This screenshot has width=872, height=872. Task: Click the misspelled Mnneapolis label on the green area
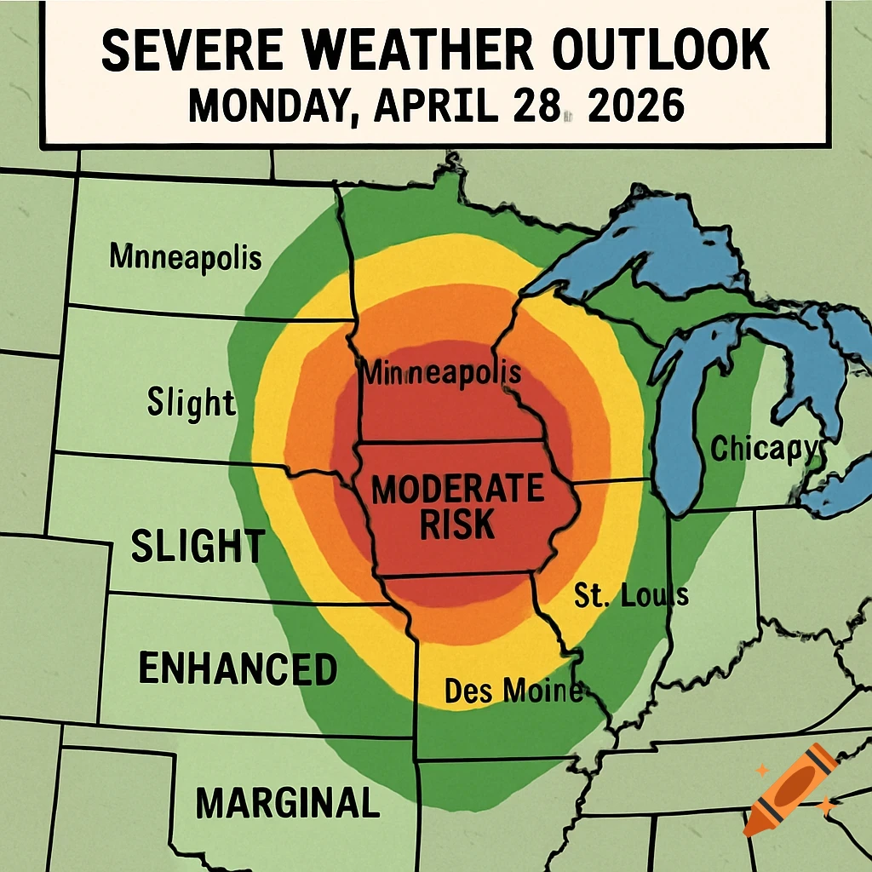point(186,256)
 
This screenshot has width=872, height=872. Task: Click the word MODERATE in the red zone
point(458,490)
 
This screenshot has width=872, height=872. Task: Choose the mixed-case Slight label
point(191,402)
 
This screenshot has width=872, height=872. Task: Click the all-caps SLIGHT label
point(198,546)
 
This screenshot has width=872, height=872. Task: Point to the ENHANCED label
point(238,669)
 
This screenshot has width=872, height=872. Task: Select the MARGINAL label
point(287,802)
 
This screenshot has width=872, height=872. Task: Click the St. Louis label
point(631,595)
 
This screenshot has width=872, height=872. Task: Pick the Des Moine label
point(513,691)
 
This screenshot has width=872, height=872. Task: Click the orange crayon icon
point(789,789)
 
